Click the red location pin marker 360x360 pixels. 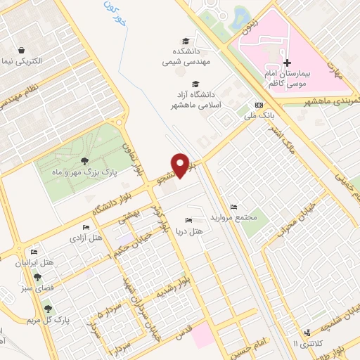click(181, 165)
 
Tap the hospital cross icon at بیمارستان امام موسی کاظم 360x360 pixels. click(288, 63)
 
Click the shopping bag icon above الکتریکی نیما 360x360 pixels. click(22, 51)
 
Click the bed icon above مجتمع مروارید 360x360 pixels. click(234, 207)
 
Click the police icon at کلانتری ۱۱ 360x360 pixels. click(307, 333)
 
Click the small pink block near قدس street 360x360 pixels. click(202, 334)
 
